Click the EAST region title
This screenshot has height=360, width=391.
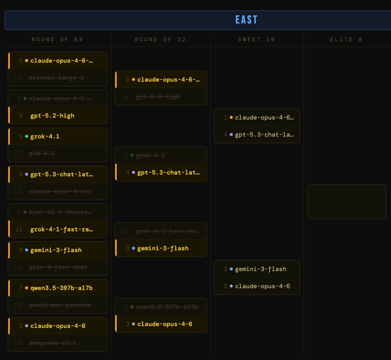coord(247,20)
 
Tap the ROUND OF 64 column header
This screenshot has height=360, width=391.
coord(57,39)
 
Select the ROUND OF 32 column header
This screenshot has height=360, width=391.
coord(160,39)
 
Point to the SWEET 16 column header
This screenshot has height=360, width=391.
coord(257,39)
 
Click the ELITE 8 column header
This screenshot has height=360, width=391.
coord(346,39)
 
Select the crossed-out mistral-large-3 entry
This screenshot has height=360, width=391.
coord(56,78)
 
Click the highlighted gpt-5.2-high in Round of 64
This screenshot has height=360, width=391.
coord(52,116)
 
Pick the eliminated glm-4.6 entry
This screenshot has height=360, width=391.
coord(42,154)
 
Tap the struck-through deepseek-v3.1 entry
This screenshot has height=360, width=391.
coord(53,343)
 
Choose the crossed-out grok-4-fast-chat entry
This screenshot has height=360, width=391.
coord(58,267)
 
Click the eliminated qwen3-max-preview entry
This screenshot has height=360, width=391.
coord(60,305)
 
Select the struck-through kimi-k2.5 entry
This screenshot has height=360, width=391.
coord(60,212)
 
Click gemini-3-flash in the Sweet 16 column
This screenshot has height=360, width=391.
coord(261,269)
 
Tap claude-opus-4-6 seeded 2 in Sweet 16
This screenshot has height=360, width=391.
coord(262,286)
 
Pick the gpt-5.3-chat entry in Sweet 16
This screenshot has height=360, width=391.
coord(264,135)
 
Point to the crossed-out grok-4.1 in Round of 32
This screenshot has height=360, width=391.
coord(150,156)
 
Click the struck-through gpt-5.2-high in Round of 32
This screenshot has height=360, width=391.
coord(158,97)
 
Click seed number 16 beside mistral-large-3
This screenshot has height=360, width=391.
coord(17,78)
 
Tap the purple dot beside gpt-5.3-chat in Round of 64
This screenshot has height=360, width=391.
coord(27,174)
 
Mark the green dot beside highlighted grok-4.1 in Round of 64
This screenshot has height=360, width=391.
coord(27,136)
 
